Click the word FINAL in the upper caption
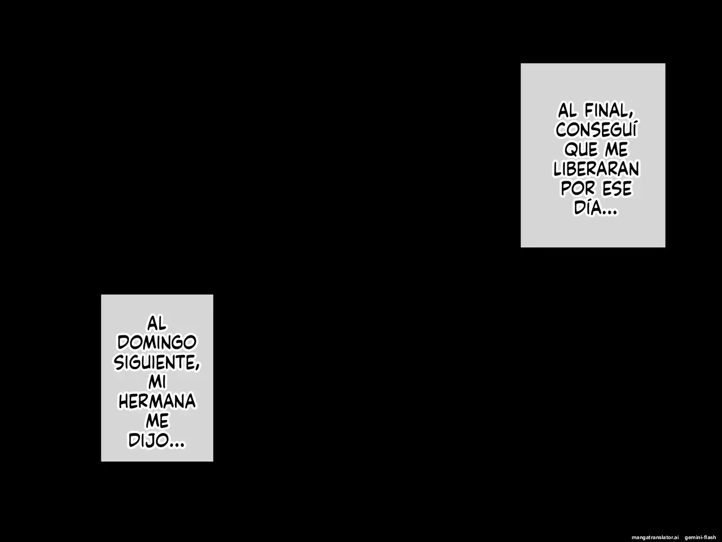[x=607, y=111]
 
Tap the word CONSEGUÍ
[x=596, y=129]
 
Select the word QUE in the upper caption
[x=581, y=150]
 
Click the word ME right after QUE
[x=617, y=150]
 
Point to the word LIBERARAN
[x=596, y=169]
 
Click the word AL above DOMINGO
[x=157, y=324]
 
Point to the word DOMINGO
[x=157, y=343]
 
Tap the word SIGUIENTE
[x=155, y=362]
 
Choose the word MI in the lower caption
[x=157, y=382]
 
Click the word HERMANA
[x=157, y=401]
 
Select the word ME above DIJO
[x=157, y=421]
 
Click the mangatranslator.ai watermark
[x=655, y=537]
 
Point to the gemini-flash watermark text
[x=701, y=537]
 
